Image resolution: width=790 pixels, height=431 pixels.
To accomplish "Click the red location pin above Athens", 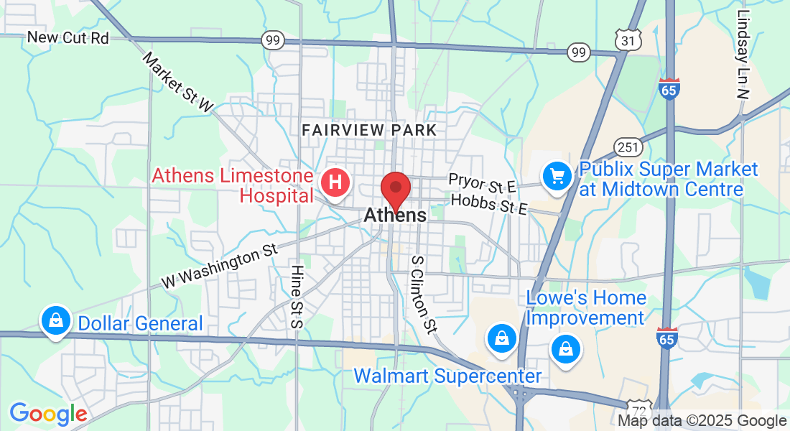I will click(x=395, y=188).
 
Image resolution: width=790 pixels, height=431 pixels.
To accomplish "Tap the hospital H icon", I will click(x=334, y=182).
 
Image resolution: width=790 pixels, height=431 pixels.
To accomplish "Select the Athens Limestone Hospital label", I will click(x=233, y=186).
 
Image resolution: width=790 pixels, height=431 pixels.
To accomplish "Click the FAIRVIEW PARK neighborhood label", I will click(x=369, y=130).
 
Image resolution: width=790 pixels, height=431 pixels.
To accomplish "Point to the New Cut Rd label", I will click(x=68, y=38).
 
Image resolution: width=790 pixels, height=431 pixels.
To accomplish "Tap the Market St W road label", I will click(x=178, y=82).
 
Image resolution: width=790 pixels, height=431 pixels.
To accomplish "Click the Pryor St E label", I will click(x=482, y=182).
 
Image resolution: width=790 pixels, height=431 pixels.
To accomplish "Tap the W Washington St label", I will click(x=219, y=266).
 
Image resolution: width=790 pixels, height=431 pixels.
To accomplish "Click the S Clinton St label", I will click(x=423, y=294).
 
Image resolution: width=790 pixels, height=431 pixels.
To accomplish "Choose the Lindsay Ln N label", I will click(x=743, y=54).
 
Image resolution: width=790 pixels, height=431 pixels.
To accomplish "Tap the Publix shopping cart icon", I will click(x=557, y=176).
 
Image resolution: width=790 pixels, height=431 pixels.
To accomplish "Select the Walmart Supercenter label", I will click(x=447, y=376).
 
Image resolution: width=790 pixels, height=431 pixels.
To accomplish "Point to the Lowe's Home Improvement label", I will click(x=586, y=307).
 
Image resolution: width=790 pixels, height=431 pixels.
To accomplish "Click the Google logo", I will click(x=48, y=414).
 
